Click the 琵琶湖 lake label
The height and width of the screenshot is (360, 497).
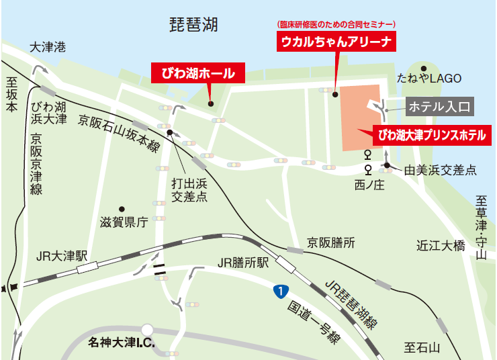tap(195, 26)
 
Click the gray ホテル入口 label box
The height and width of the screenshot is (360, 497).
tap(441, 105)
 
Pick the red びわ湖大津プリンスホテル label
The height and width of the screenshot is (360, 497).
tap(431, 135)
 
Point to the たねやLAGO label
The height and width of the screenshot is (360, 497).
tap(430, 79)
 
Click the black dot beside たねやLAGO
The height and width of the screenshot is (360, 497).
tap(424, 68)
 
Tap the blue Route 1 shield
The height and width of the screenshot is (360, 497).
tap(277, 291)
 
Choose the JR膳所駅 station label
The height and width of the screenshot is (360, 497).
tap(244, 262)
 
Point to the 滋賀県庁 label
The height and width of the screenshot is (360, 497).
tap(123, 223)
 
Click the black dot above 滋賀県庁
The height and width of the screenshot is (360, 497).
tap(122, 208)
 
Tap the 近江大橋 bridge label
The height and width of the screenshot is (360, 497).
tap(441, 245)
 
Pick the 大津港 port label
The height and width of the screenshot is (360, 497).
tap(48, 47)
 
